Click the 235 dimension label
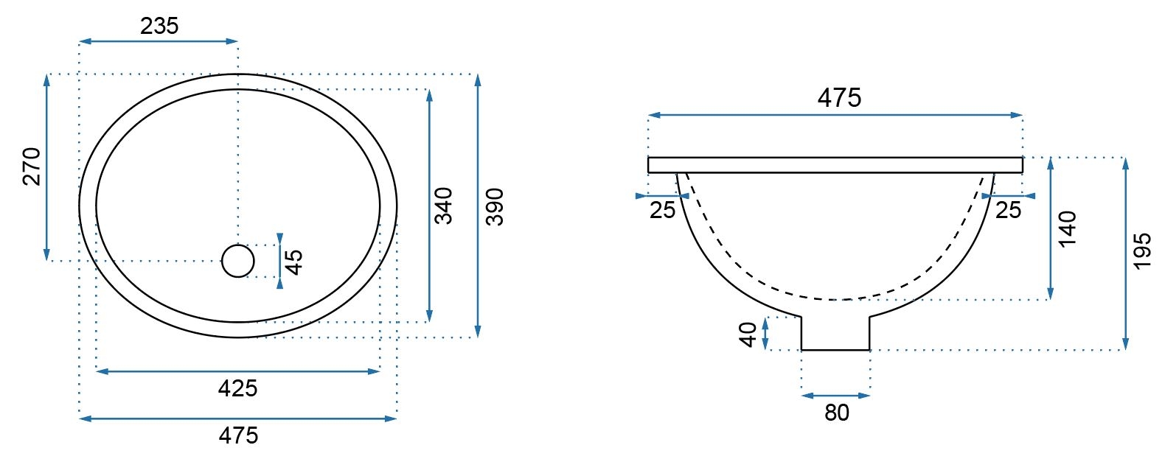[159, 26]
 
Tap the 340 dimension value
[444, 206]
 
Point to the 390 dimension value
[495, 207]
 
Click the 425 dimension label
[237, 388]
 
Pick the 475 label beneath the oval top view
[238, 435]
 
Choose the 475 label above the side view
[839, 98]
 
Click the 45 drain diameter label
[294, 262]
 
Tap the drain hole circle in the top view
[237, 245]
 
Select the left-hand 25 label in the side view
[663, 211]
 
